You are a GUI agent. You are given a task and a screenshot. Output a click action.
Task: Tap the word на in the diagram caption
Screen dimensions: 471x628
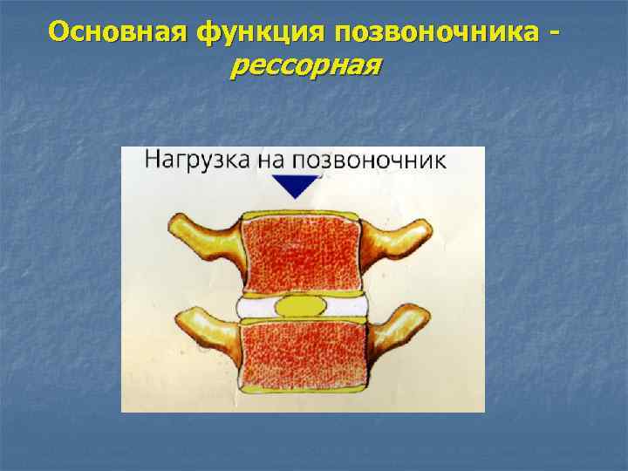[x=264, y=160]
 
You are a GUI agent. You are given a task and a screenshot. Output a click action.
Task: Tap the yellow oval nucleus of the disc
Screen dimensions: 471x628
[x=301, y=307]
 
